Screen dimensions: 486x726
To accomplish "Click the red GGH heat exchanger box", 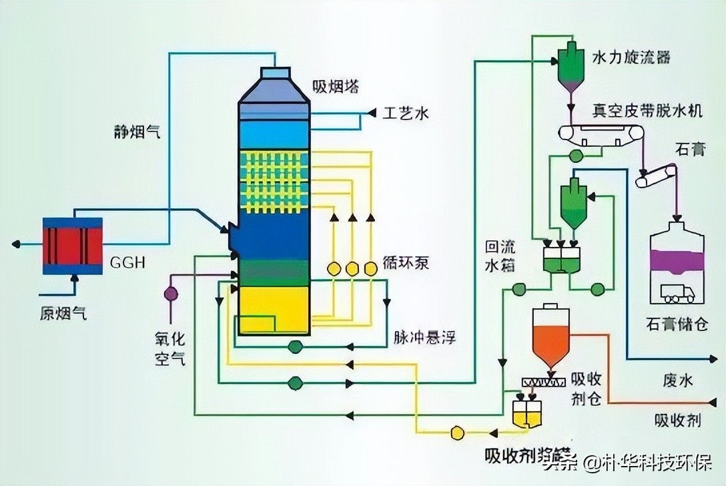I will [73, 245].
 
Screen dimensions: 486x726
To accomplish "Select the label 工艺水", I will [404, 113].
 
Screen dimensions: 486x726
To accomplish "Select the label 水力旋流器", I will [631, 56].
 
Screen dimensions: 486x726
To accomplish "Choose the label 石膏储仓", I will [675, 325].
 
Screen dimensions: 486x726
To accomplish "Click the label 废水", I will [678, 381].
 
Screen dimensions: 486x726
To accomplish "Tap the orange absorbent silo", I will [551, 338].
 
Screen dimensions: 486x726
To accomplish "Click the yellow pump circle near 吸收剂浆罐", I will [457, 432].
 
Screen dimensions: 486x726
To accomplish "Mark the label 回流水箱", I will [500, 254].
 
